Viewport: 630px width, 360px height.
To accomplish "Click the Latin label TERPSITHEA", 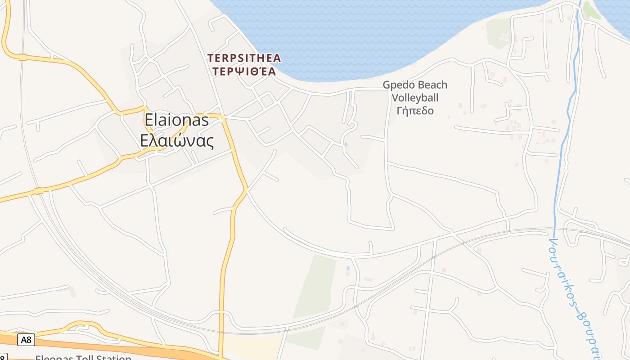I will point(244,58).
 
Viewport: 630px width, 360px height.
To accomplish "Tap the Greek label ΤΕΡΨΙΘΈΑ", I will point(244,71).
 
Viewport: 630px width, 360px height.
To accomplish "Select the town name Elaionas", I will point(176,120).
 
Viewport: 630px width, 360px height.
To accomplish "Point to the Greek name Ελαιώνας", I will point(176,140).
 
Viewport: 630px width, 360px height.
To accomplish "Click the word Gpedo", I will point(399,85).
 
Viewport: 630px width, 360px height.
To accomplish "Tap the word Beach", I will point(433,85).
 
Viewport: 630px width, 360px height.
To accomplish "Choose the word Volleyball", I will point(415,98).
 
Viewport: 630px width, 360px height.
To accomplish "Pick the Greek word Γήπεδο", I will point(415,110).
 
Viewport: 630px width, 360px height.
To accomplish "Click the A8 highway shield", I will point(26,339).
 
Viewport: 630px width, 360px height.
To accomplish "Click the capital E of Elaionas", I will point(149,120).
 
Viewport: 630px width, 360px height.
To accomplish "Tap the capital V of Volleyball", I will point(395,98).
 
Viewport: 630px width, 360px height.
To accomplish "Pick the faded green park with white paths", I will point(498,32).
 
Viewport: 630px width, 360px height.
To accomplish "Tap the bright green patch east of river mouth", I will point(591,11).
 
